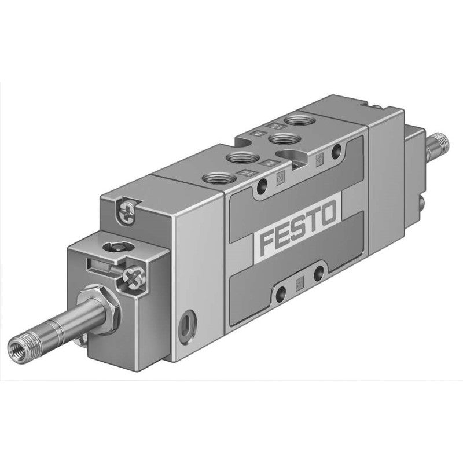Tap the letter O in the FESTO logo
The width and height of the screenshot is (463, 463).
coord(326,216)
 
